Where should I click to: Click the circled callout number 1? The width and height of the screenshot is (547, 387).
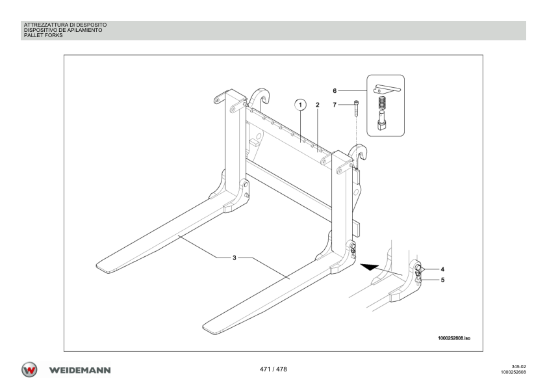pyautogui.click(x=300, y=105)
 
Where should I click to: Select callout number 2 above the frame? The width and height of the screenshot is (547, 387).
pyautogui.click(x=318, y=105)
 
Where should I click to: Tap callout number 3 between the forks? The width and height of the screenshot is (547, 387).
pyautogui.click(x=235, y=258)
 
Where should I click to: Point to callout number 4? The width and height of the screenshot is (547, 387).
pyautogui.click(x=442, y=269)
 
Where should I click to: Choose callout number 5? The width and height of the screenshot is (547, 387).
pyautogui.click(x=442, y=280)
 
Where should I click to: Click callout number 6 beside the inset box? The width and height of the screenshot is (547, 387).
pyautogui.click(x=335, y=91)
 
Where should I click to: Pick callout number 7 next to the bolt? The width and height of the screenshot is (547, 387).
pyautogui.click(x=335, y=105)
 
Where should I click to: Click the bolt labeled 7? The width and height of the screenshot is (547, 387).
pyautogui.click(x=356, y=108)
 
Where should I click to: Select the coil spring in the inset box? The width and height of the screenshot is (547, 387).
pyautogui.click(x=383, y=103)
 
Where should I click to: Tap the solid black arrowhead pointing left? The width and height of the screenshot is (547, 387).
pyautogui.click(x=369, y=267)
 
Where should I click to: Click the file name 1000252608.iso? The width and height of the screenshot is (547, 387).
pyautogui.click(x=454, y=338)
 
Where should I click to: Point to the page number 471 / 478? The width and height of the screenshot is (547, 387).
pyautogui.click(x=273, y=369)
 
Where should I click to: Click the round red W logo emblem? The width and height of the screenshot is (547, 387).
pyautogui.click(x=29, y=369)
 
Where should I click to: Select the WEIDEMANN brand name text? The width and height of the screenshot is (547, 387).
pyautogui.click(x=80, y=370)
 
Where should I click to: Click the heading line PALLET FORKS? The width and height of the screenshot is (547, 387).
pyautogui.click(x=44, y=35)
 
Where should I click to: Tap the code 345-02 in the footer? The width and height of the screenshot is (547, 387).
pyautogui.click(x=518, y=367)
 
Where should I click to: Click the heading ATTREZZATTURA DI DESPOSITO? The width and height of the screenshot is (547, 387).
pyautogui.click(x=65, y=25)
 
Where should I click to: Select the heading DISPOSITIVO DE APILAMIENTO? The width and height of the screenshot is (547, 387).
pyautogui.click(x=63, y=30)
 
